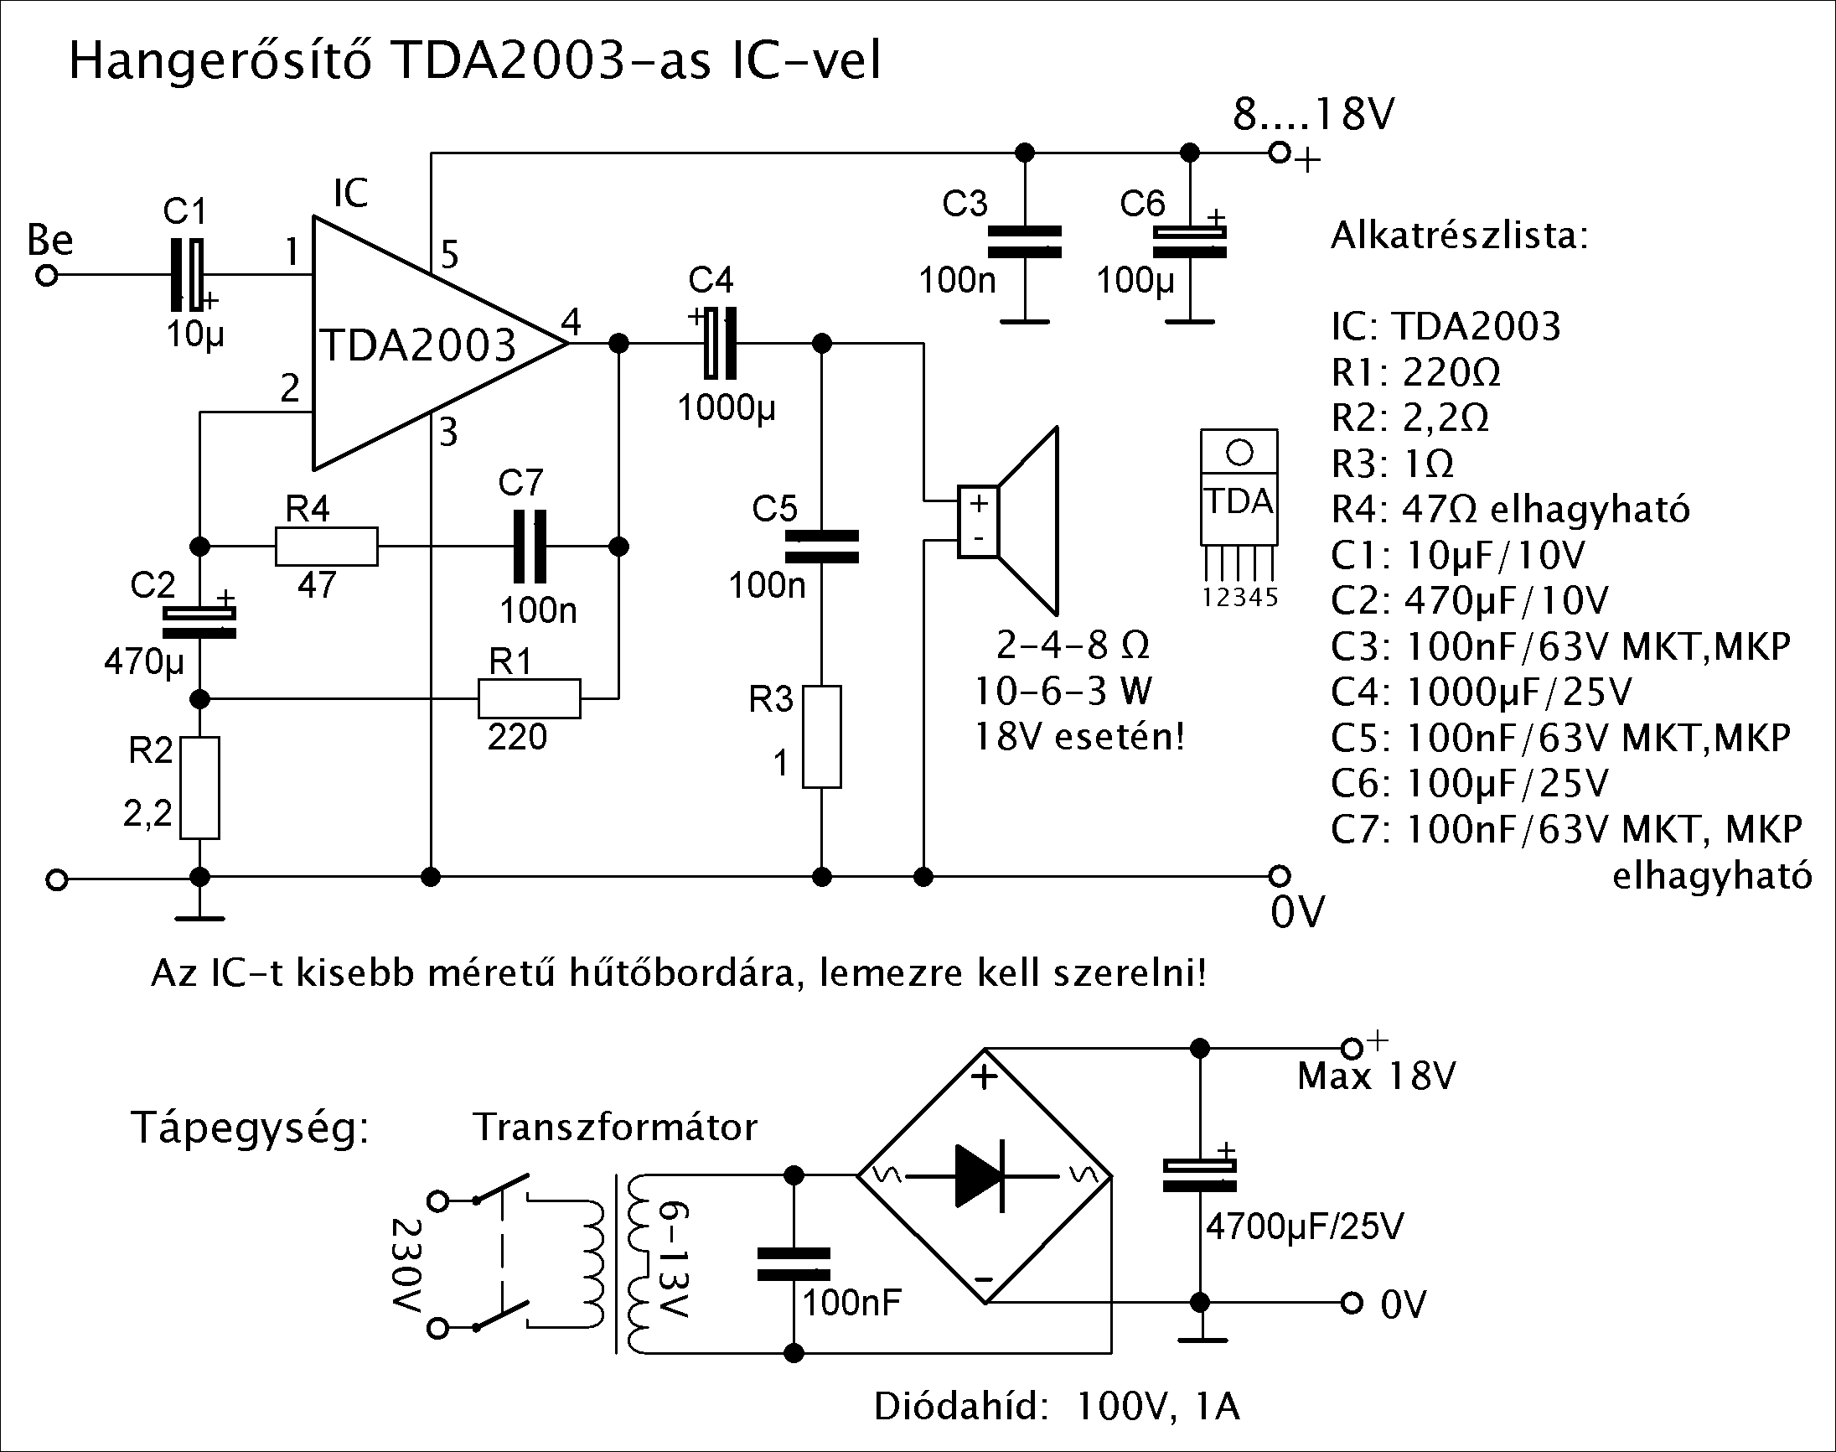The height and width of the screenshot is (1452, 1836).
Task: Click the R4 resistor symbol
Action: point(326,546)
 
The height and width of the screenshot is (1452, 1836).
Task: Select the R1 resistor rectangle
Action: point(530,698)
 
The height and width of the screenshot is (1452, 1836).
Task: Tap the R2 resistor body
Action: point(199,788)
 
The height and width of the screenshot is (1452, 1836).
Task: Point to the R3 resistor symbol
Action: point(822,737)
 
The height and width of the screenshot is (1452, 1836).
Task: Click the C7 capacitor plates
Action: point(529,546)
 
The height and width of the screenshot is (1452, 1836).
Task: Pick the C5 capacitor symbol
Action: point(821,547)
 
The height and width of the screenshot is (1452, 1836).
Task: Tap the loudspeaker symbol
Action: point(1009,521)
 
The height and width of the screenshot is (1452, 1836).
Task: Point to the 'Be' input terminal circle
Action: point(48,277)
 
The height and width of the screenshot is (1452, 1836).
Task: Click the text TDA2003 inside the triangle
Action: point(419,345)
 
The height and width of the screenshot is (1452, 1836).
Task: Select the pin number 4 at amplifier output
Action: point(571,322)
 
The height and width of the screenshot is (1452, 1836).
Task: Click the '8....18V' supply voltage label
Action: point(1313,114)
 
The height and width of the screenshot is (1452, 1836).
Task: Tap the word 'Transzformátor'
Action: point(615,1128)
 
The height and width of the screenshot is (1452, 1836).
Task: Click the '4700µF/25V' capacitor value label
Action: point(1305,1226)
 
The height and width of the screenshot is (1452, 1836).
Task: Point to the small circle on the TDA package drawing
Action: point(1239,452)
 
